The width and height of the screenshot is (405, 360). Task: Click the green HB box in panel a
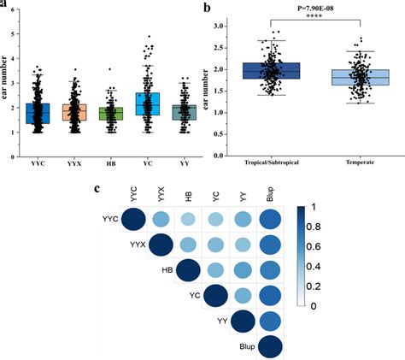111,114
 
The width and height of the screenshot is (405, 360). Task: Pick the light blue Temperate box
352,78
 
